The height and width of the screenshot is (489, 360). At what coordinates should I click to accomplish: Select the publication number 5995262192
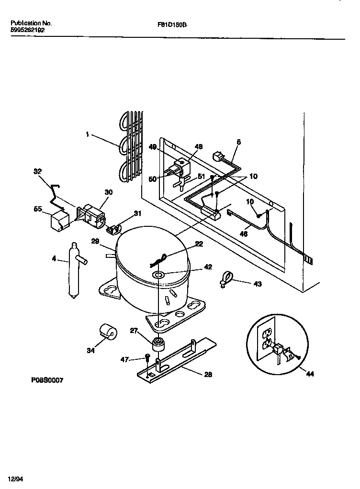[x=28, y=30]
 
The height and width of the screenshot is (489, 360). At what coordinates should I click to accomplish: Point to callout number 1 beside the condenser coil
[x=87, y=135]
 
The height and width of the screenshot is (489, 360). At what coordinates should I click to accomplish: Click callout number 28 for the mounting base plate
[x=208, y=375]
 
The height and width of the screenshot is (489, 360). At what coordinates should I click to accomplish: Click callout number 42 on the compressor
[x=207, y=267]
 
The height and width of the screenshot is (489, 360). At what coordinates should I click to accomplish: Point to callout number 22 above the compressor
[x=199, y=244]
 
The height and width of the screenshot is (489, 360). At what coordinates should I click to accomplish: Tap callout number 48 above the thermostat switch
[x=199, y=146]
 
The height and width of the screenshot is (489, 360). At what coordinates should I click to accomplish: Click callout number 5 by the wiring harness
[x=238, y=142]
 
